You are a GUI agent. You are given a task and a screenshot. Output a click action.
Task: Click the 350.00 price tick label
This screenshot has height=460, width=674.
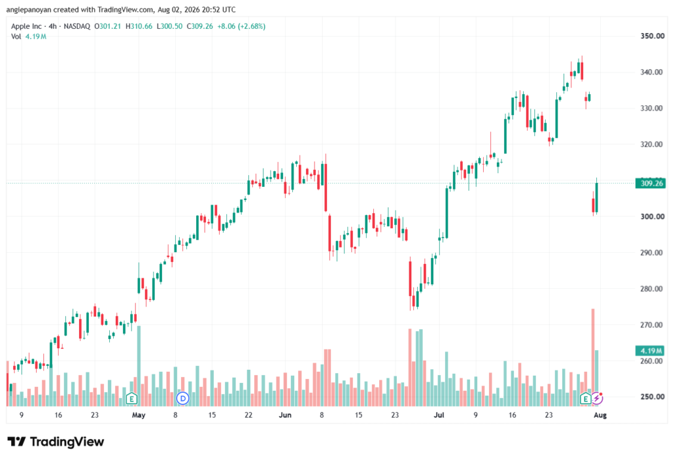[652, 36]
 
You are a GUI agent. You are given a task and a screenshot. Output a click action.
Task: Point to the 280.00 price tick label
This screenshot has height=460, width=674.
[652, 289]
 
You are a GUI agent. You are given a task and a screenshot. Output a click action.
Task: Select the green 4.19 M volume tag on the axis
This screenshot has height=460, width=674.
[650, 351]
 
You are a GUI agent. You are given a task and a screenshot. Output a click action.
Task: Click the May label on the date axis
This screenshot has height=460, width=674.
[138, 415]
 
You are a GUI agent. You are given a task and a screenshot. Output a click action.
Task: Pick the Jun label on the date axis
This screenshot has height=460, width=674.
[285, 415]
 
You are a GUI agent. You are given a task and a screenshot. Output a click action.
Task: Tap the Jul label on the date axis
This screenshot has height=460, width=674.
[439, 415]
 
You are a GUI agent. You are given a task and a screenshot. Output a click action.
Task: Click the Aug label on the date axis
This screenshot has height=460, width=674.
[600, 415]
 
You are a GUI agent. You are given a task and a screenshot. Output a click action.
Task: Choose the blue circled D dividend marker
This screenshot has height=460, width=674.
[183, 399]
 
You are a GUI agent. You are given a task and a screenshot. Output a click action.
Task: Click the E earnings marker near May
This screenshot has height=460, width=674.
[132, 399]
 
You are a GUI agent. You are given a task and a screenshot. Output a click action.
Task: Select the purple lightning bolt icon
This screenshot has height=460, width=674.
[597, 399]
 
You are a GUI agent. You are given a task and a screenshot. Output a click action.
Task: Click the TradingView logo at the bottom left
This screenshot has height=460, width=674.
[56, 442]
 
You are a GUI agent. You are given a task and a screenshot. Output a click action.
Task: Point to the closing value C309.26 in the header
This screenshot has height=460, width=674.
[200, 26]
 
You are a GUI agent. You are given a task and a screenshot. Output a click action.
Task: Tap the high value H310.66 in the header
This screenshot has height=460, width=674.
[139, 26]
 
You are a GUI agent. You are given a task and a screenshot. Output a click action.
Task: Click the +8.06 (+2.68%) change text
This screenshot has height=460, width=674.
[241, 26]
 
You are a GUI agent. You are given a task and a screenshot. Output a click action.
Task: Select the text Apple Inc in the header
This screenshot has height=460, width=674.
[26, 26]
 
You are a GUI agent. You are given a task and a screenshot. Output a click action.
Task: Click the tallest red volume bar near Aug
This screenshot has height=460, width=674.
[593, 357]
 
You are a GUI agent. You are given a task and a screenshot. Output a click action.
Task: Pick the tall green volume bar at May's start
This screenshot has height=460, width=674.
[138, 366]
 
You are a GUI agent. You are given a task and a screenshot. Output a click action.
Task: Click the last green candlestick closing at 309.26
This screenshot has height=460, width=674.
[596, 197]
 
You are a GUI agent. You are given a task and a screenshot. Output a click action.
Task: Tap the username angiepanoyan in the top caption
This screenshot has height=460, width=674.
[28, 9]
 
